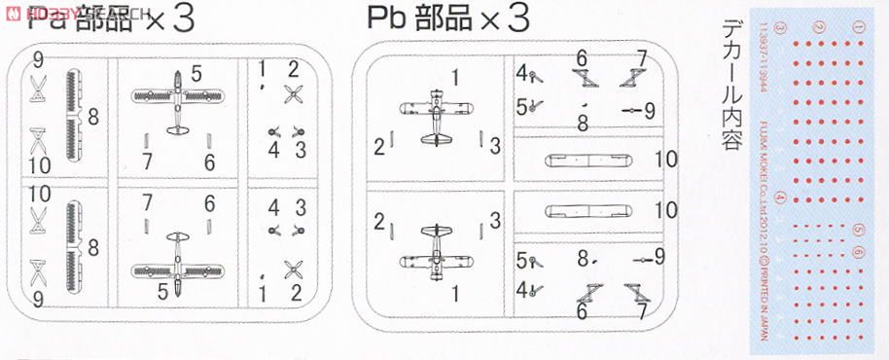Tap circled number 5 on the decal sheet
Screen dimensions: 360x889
click(858, 230)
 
